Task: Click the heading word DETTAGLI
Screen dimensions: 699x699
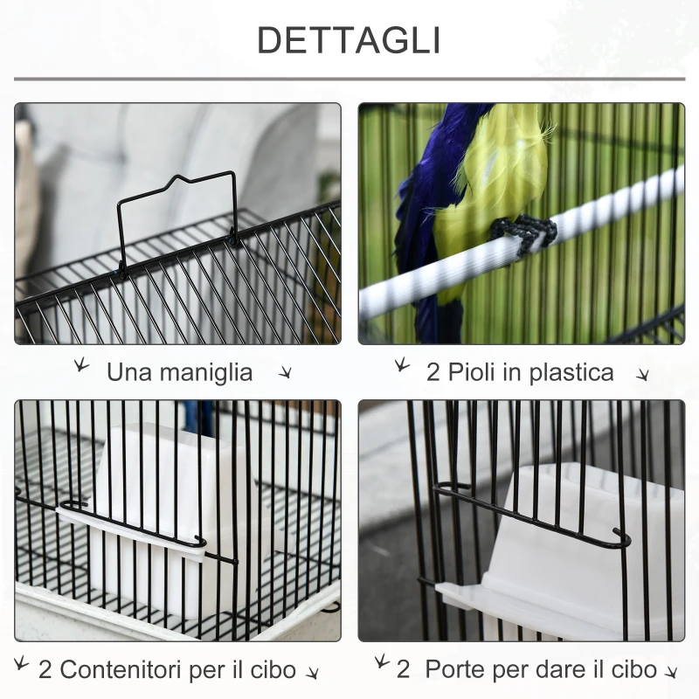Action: (x=349, y=40)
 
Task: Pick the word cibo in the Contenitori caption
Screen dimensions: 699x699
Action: (x=271, y=671)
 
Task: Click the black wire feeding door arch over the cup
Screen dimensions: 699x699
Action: (x=533, y=516)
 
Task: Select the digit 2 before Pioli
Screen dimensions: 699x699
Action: (x=433, y=373)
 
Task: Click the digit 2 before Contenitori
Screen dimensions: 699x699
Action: (x=45, y=671)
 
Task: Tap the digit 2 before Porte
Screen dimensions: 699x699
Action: (x=404, y=670)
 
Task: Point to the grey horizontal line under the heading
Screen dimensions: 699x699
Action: (x=349, y=79)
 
